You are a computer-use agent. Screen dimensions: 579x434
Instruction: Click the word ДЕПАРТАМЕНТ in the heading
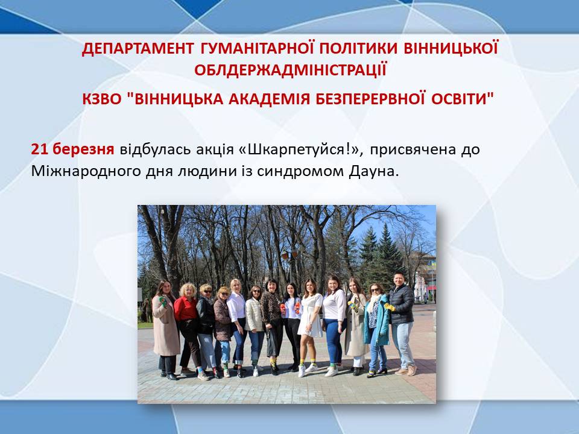pos(138,49)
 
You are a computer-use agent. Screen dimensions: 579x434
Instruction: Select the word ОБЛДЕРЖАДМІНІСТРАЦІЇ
pos(290,70)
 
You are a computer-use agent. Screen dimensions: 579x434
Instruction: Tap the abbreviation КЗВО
pos(101,99)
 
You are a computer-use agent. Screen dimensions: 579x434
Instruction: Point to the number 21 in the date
pos(40,149)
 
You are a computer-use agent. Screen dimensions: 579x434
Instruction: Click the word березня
pos(83,149)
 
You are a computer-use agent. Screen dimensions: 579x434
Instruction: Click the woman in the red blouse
pos(188,329)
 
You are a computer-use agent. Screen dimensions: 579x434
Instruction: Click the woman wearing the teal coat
pos(376,329)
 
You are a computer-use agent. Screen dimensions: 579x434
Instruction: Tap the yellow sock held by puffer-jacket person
pos(388,307)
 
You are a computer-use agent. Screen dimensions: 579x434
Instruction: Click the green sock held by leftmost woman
pos(163,301)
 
